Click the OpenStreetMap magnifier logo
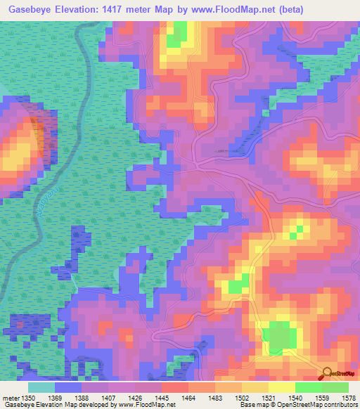328,374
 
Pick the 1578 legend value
349,398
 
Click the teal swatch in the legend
41,387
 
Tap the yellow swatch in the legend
282,387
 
